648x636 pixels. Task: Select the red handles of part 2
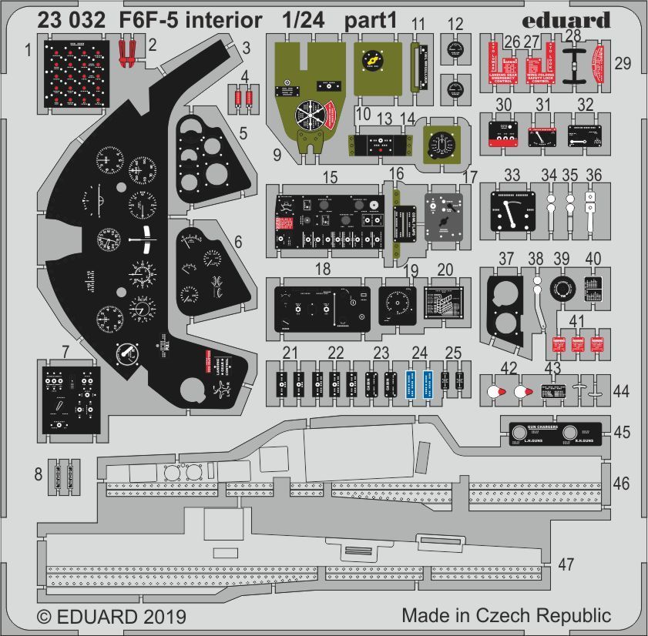(x=129, y=52)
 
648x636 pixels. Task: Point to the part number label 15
(x=330, y=178)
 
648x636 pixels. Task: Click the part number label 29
(x=623, y=65)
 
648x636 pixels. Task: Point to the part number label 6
(x=238, y=242)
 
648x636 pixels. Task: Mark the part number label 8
(x=39, y=474)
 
